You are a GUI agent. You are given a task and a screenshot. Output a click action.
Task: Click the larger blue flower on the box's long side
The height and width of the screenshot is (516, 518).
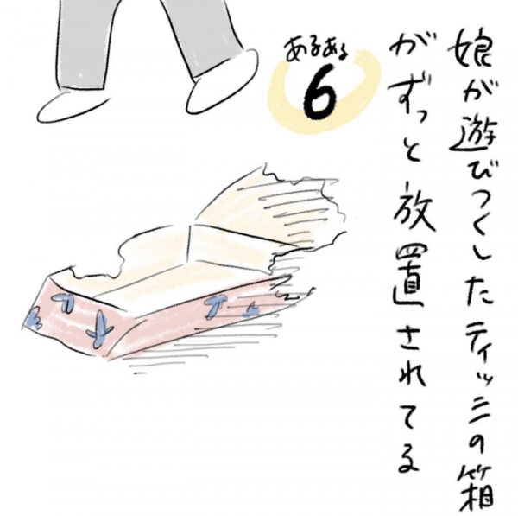[216, 303]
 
